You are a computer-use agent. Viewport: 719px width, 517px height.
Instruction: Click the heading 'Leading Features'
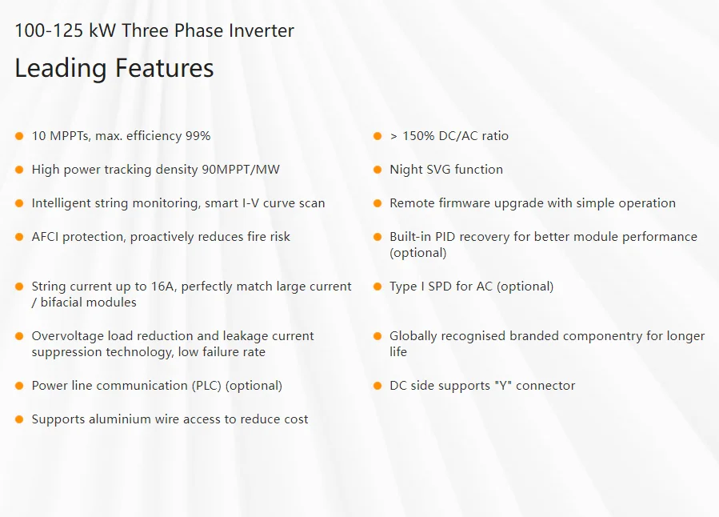pyautogui.click(x=114, y=68)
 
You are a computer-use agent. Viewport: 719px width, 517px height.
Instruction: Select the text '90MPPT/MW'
pyautogui.click(x=241, y=170)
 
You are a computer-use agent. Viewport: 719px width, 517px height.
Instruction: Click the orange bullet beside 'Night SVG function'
pyautogui.click(x=377, y=170)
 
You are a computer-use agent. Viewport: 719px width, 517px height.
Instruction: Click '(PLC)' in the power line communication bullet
pyautogui.click(x=206, y=386)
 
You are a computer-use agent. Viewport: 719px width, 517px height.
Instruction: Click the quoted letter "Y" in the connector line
pyautogui.click(x=503, y=385)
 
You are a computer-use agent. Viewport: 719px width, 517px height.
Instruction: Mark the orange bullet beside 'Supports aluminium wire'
pyautogui.click(x=19, y=419)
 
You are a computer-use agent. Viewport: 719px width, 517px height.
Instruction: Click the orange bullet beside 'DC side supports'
pyautogui.click(x=377, y=386)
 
